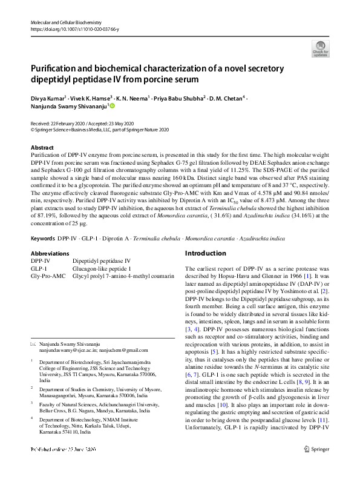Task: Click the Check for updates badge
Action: click(319, 48)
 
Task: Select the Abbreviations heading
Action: click(51, 253)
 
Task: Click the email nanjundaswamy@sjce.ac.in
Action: click(65, 350)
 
